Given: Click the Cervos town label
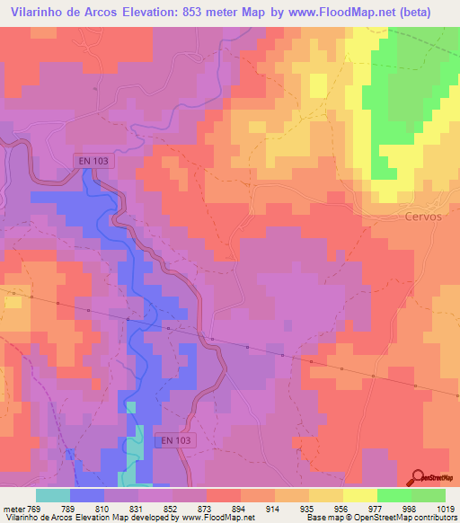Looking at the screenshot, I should (420, 217).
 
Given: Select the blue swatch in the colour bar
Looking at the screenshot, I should (87, 494).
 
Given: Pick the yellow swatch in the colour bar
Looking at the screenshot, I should (360, 494).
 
